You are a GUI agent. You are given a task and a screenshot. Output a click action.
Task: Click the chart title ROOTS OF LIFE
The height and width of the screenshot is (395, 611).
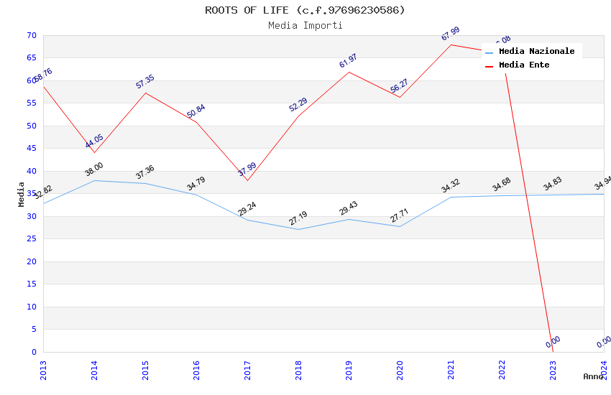(x=305, y=10)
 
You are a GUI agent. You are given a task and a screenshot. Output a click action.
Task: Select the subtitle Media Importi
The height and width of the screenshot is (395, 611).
(x=305, y=26)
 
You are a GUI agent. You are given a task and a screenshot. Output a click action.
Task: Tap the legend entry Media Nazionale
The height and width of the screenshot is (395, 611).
(x=536, y=52)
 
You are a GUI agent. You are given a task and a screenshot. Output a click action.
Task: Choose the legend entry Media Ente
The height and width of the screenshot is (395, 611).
(x=523, y=65)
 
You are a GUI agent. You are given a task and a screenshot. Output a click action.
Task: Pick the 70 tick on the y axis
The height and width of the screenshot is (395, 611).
(x=30, y=35)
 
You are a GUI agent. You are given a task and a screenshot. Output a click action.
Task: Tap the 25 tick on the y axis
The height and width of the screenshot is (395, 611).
(x=30, y=239)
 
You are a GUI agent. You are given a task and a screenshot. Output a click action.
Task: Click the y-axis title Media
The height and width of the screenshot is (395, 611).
(x=21, y=194)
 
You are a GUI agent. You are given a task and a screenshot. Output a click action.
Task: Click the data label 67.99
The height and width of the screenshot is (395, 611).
(x=451, y=34)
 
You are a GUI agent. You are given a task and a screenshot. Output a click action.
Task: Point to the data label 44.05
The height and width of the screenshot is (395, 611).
(x=94, y=141)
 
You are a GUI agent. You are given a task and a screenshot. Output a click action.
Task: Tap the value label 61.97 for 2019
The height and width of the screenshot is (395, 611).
(x=349, y=61)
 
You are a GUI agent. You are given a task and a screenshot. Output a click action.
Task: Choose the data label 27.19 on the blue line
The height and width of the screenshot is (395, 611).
(x=298, y=218)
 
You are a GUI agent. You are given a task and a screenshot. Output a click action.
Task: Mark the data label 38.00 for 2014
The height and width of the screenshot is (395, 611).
(x=94, y=169)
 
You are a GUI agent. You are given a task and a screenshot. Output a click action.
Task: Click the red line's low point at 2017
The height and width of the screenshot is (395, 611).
(x=247, y=180)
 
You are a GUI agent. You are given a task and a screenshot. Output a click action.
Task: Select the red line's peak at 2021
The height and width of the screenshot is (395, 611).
(x=451, y=45)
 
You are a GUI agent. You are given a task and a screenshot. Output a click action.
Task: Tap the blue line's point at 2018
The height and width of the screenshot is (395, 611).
(x=298, y=229)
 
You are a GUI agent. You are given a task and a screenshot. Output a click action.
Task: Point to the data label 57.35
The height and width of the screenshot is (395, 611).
(x=145, y=82)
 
